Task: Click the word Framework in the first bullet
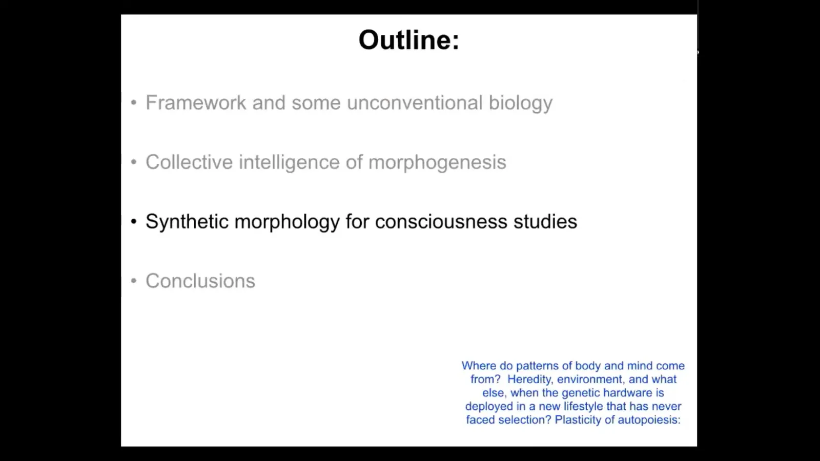(196, 102)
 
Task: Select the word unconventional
(415, 102)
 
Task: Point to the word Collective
(189, 162)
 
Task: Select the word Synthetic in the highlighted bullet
(187, 221)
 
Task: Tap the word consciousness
(441, 222)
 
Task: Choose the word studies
(545, 221)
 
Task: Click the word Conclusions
(200, 281)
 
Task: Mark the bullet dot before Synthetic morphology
(134, 221)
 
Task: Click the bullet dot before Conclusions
(134, 281)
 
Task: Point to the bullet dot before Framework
(134, 102)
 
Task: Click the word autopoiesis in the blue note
(649, 420)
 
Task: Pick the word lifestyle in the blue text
(583, 407)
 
